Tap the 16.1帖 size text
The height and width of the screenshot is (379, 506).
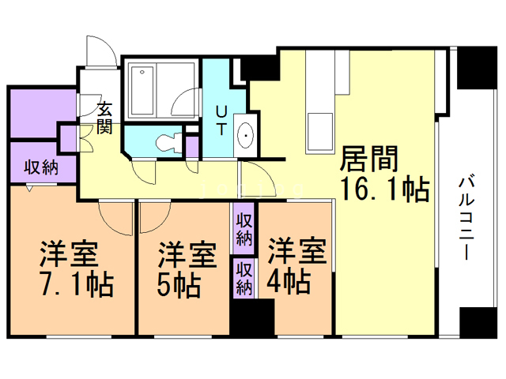[384, 189]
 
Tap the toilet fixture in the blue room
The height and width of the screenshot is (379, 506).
[167, 143]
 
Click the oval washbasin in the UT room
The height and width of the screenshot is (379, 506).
[245, 136]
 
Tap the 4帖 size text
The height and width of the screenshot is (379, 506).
[288, 280]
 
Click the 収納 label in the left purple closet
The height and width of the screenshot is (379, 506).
[40, 167]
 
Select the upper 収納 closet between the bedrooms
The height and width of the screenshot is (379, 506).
[244, 227]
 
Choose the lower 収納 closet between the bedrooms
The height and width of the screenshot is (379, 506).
[244, 276]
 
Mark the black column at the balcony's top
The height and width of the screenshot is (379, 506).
[474, 68]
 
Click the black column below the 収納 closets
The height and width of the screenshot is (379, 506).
[252, 317]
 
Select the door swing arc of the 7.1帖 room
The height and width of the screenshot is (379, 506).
[115, 218]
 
